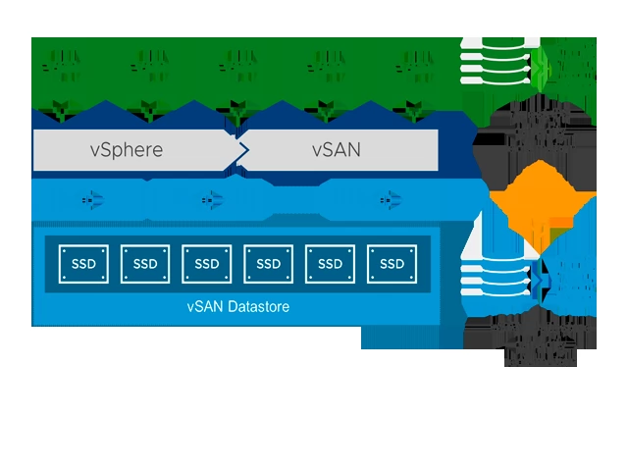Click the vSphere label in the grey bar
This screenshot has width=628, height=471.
126,150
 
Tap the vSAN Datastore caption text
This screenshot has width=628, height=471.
237,306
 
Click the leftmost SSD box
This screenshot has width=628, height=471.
83,263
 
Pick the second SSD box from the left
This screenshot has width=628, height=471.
145,263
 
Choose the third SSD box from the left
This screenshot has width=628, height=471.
207,263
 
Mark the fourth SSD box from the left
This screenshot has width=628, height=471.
269,263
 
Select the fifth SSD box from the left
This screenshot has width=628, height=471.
331,263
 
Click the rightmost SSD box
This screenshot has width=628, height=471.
392,263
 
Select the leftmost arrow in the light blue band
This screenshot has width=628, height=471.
92,200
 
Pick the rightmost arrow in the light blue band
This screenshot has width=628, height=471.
385,200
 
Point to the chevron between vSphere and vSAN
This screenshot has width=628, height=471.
241,150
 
